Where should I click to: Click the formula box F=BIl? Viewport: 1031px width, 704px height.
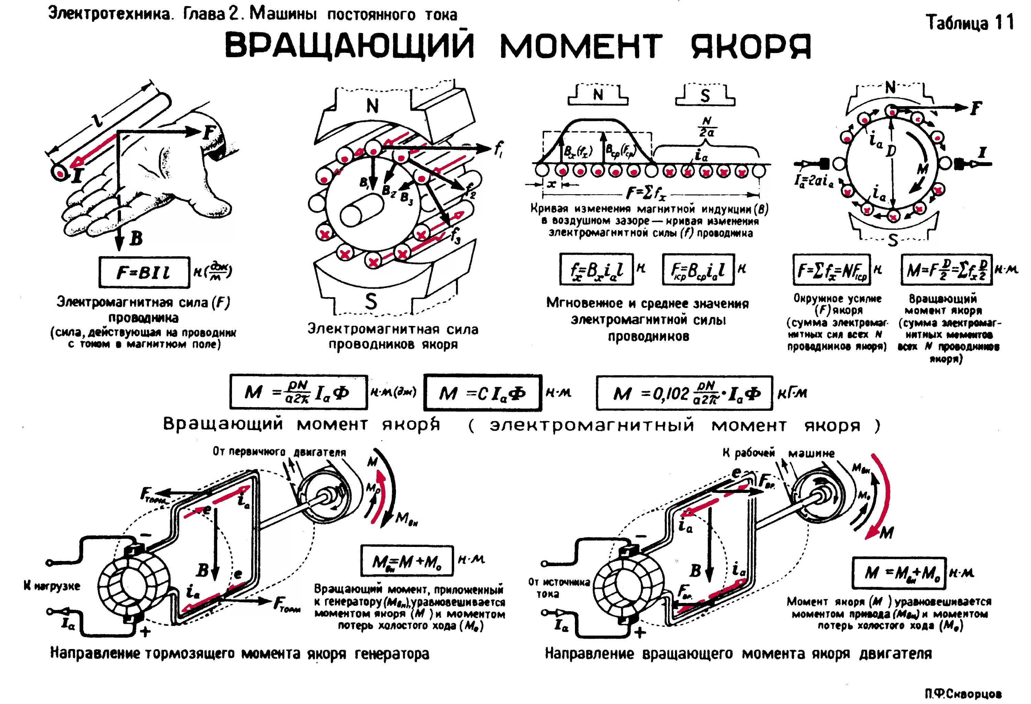(144, 272)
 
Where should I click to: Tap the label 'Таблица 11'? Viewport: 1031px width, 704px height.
(970, 23)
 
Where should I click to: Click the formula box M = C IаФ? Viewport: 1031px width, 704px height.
(483, 393)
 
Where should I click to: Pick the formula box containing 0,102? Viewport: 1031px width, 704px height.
(685, 393)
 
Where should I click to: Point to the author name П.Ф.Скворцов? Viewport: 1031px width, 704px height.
(963, 694)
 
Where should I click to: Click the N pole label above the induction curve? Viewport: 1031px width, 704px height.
(598, 95)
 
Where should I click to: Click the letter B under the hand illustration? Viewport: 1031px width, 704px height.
(136, 239)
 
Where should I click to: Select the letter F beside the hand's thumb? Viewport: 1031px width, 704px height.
(209, 132)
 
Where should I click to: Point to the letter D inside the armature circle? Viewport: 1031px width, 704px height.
(891, 151)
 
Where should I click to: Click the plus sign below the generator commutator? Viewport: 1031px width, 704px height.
(145, 631)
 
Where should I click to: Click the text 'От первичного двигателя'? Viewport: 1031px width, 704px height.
(279, 452)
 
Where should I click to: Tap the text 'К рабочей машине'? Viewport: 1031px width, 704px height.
(778, 453)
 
